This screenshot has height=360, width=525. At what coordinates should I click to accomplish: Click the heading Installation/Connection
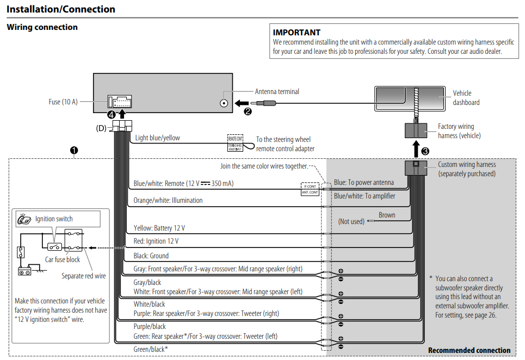(61, 9)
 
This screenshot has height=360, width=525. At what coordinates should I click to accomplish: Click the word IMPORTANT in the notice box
(297, 33)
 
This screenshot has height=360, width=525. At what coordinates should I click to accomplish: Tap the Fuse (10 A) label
(63, 102)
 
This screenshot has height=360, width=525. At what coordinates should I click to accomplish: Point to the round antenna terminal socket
(224, 103)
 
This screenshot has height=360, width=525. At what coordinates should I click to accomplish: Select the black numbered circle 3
(425, 150)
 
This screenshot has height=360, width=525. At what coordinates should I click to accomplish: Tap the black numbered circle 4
(112, 115)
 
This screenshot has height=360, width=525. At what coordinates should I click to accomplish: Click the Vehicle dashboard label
(466, 98)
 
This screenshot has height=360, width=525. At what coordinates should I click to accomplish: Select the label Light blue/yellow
(157, 138)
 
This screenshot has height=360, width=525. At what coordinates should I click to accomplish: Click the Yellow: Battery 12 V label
(159, 228)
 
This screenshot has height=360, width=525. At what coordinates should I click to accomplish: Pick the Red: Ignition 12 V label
(156, 241)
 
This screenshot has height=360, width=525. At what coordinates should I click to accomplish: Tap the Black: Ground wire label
(151, 256)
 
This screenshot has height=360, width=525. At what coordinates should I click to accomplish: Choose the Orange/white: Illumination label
(168, 200)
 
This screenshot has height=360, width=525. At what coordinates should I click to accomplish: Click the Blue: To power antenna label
(363, 183)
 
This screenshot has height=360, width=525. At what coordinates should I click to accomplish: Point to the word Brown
(387, 215)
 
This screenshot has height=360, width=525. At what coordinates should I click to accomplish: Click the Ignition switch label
(54, 219)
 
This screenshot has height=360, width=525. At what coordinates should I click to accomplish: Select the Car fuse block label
(62, 260)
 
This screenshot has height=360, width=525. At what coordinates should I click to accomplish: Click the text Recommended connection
(469, 350)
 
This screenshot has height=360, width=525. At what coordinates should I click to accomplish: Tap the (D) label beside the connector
(101, 128)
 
